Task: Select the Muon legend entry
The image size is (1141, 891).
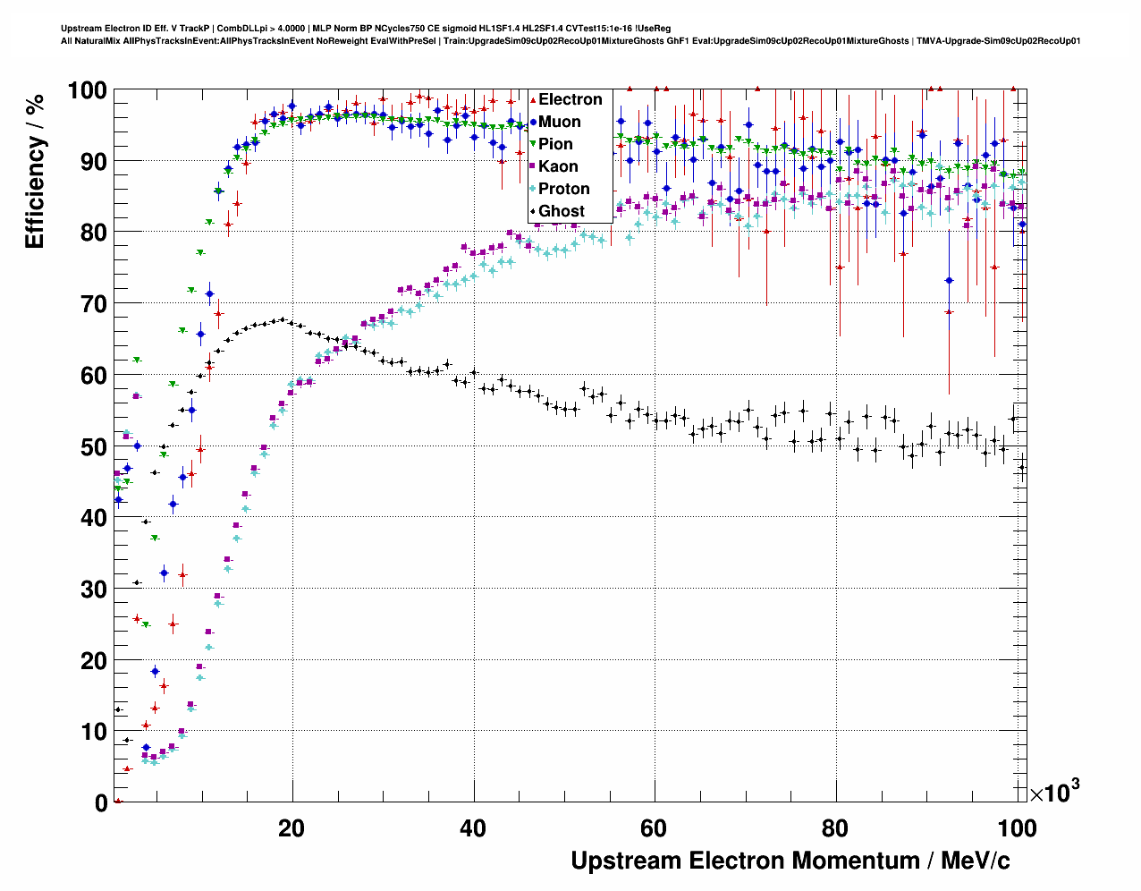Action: pyautogui.click(x=559, y=122)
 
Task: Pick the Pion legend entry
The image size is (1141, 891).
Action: pyautogui.click(x=554, y=144)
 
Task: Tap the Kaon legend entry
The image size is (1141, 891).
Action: pyautogui.click(x=558, y=166)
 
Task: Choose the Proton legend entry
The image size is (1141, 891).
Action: pyautogui.click(x=563, y=189)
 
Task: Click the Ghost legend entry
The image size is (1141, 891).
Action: pyautogui.click(x=561, y=211)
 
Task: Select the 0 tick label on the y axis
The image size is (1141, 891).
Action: pyautogui.click(x=101, y=803)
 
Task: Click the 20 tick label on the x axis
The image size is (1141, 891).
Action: pyautogui.click(x=292, y=828)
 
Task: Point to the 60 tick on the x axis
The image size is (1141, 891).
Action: pyautogui.click(x=655, y=828)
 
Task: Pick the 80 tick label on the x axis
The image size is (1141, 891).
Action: pyautogui.click(x=836, y=828)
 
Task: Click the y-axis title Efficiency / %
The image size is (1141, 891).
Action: pyautogui.click(x=35, y=170)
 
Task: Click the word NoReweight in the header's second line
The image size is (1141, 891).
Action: pyautogui.click(x=344, y=41)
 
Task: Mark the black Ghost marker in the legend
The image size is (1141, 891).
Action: pyautogui.click(x=533, y=212)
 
